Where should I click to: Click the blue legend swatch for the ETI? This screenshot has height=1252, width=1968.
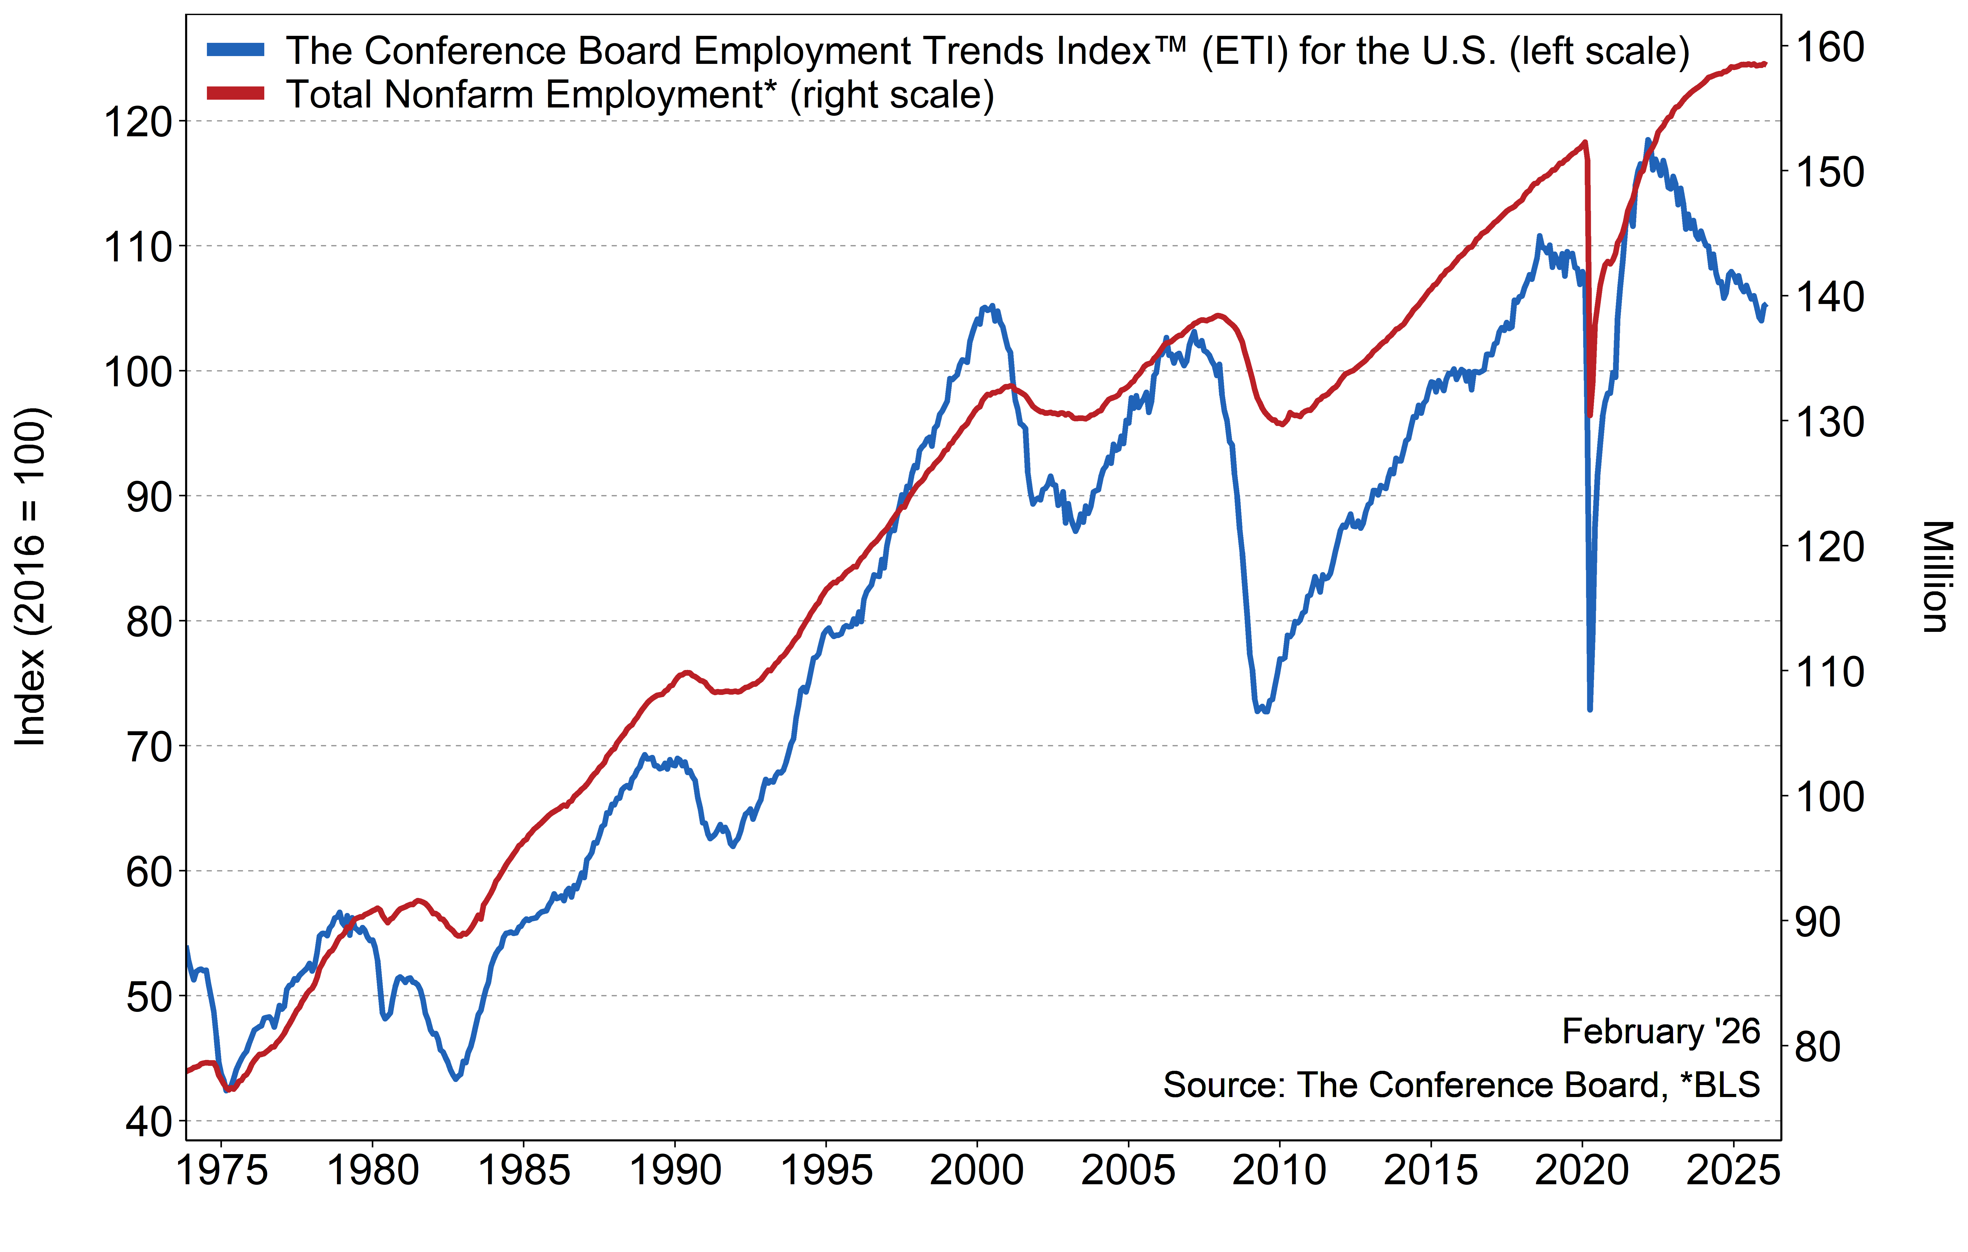(x=235, y=50)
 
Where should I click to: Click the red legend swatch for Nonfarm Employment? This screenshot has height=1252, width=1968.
(x=235, y=93)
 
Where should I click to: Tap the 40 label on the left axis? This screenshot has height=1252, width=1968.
(x=149, y=1122)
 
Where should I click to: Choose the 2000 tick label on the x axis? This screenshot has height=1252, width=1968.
(x=977, y=1170)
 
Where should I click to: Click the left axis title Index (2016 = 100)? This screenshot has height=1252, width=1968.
(x=31, y=576)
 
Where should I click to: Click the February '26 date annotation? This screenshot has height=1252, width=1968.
(x=1661, y=1031)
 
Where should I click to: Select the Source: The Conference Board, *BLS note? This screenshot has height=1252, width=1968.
(x=1461, y=1085)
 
